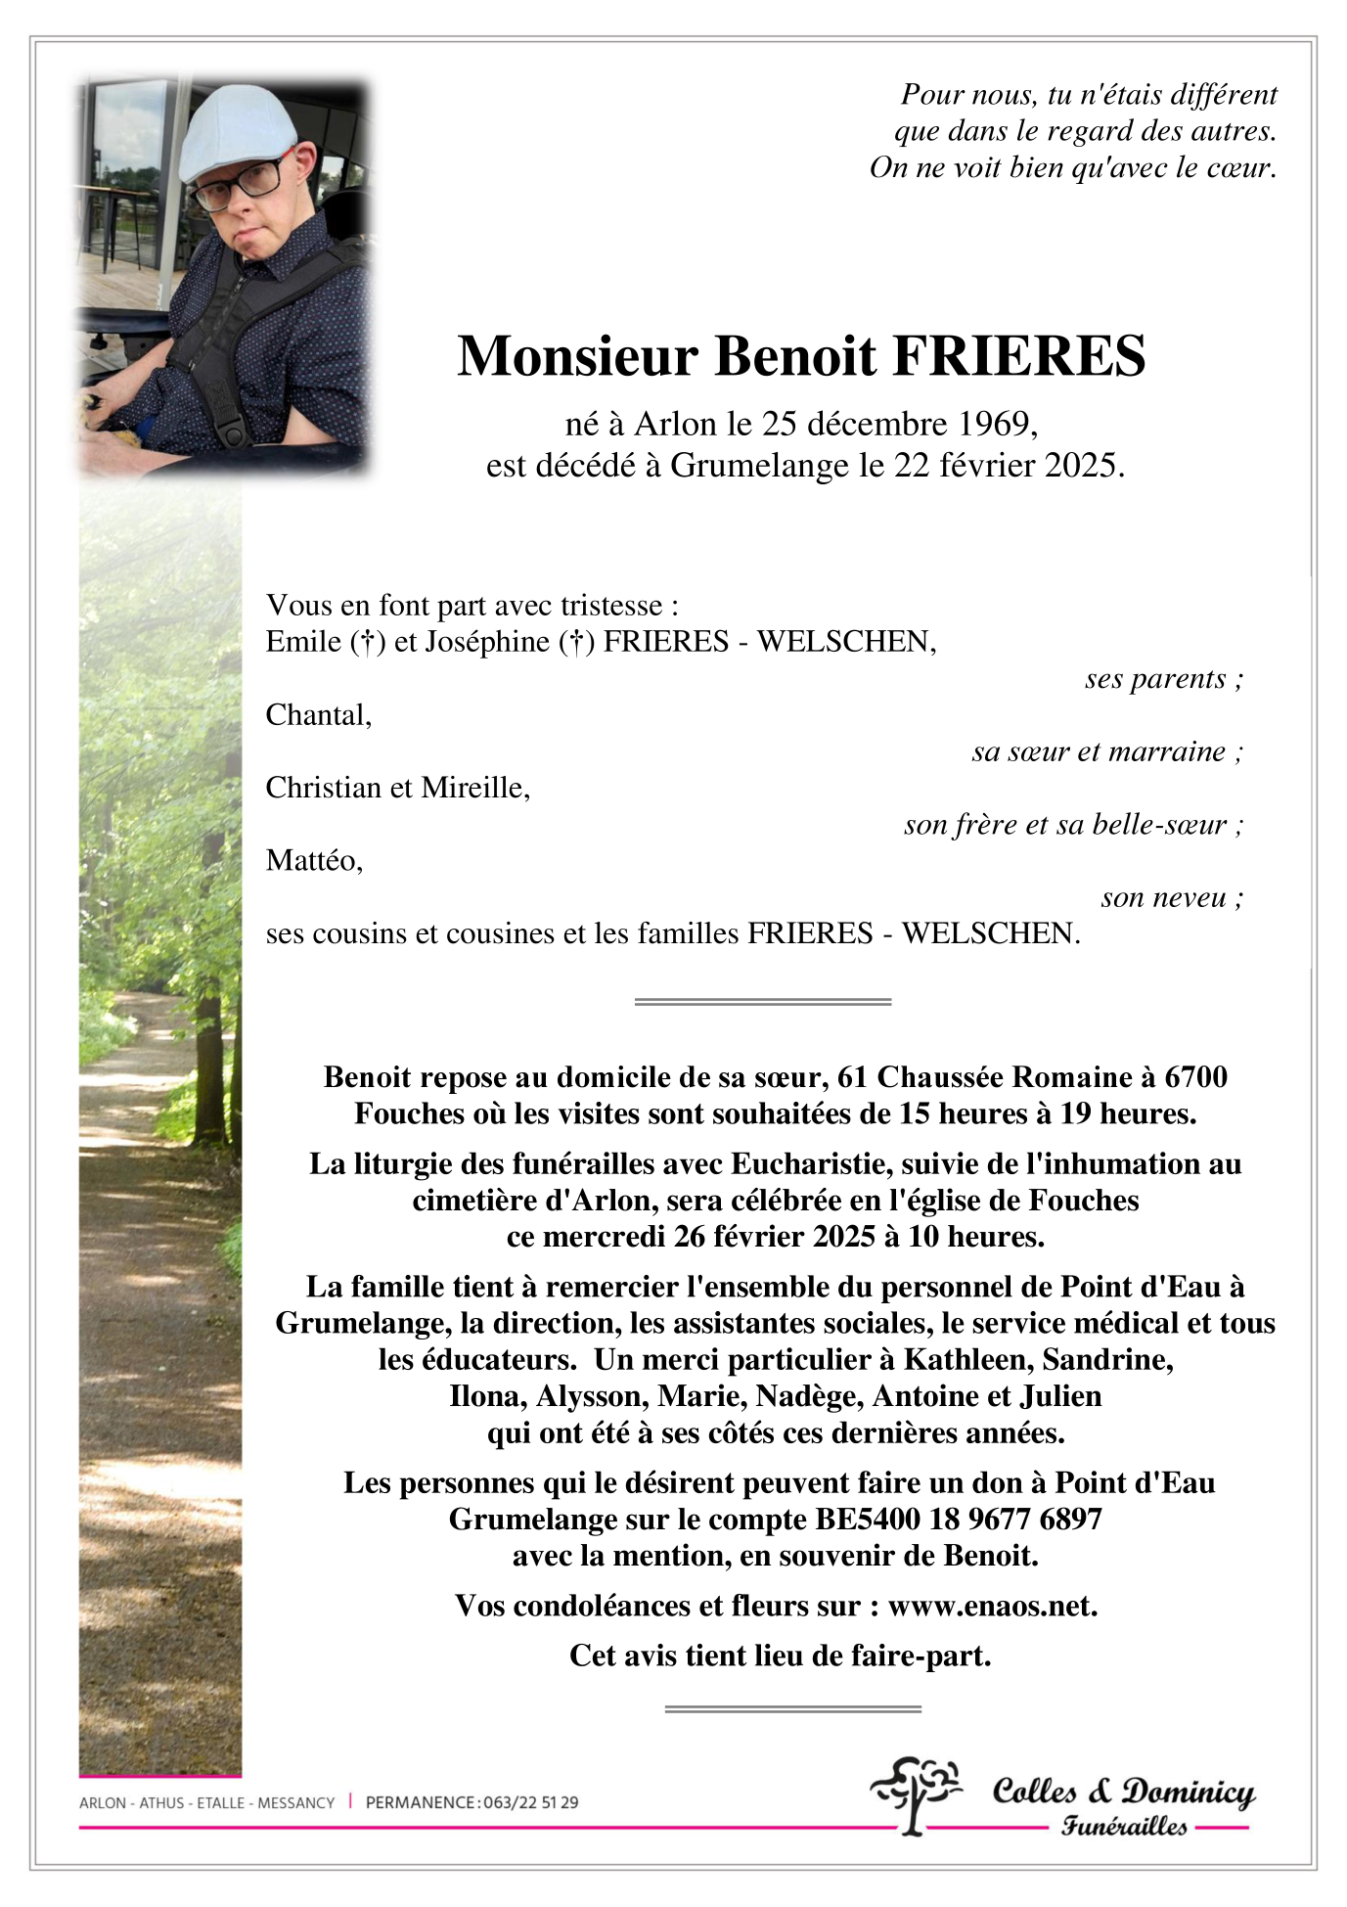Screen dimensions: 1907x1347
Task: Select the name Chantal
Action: [x=317, y=715]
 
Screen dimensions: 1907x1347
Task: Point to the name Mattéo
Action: [x=313, y=860]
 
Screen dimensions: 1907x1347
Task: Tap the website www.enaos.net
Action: [x=992, y=1606]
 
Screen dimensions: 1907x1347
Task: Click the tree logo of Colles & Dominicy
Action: [x=915, y=1793]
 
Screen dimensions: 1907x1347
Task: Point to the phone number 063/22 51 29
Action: [x=530, y=1802]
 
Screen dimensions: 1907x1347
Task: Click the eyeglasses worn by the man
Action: [x=238, y=184]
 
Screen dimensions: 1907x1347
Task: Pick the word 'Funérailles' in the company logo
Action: [x=1124, y=1826]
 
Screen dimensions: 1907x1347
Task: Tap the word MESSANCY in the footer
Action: [x=295, y=1802]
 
